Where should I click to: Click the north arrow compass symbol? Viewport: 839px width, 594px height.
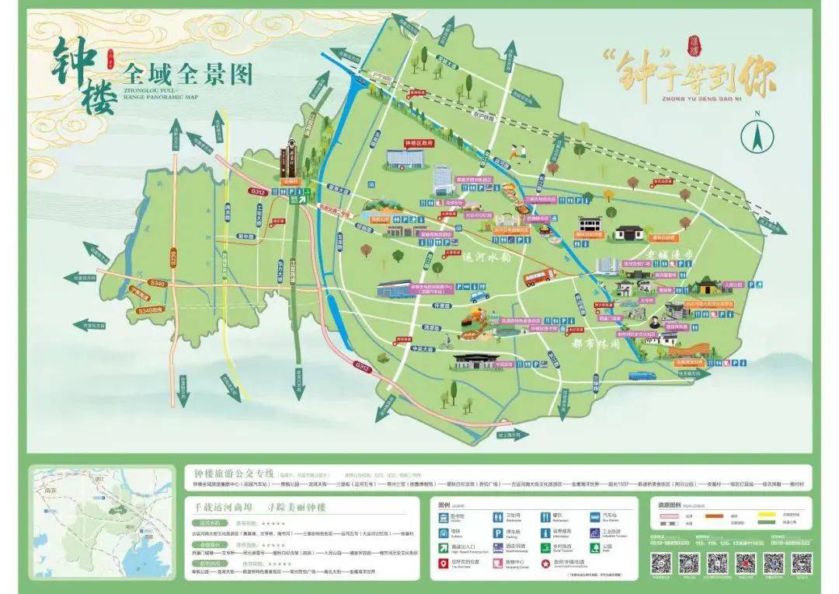click(757, 137)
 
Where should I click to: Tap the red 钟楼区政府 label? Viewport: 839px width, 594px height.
click(418, 144)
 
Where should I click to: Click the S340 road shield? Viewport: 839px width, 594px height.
click(156, 285)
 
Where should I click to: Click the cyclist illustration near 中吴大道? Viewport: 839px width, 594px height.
click(444, 342)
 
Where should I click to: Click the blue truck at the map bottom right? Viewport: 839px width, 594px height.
click(641, 376)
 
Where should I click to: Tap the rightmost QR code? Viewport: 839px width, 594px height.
click(801, 563)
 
